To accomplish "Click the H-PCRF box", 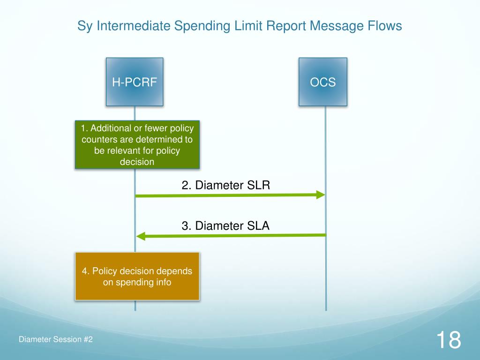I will (x=135, y=82).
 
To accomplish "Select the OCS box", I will (x=323, y=82).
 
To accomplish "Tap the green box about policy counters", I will (x=137, y=144).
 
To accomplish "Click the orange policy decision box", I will (x=137, y=276).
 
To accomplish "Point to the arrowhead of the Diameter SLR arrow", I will (x=321, y=195).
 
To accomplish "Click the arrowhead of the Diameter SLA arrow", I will (x=140, y=236).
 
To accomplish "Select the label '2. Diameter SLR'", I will (x=226, y=185).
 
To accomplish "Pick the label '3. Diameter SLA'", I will (x=225, y=226).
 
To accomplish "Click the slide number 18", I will (x=448, y=339).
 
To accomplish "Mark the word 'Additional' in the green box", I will (x=112, y=128).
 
